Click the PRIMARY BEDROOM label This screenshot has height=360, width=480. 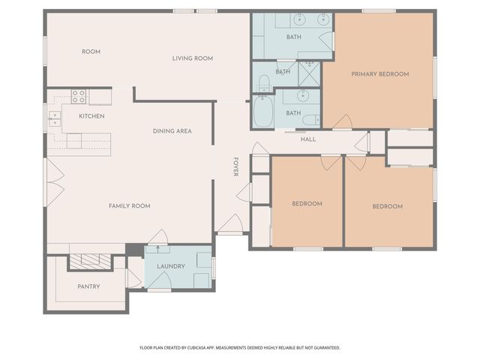tap(380, 73)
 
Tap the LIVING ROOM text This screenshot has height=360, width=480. tap(193, 58)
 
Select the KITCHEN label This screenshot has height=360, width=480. tap(91, 116)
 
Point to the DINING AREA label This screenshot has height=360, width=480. tap(172, 131)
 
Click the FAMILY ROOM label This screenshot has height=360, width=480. tap(130, 205)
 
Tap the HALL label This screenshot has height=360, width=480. tap(308, 139)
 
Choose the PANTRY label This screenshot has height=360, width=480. tap(88, 286)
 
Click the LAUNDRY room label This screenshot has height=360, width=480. tap(171, 266)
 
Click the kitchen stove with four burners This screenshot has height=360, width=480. tap(78, 96)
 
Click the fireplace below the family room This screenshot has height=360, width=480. tap(90, 260)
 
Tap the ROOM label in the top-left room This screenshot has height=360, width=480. tap(91, 52)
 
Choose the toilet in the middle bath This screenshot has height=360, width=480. tap(263, 82)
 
